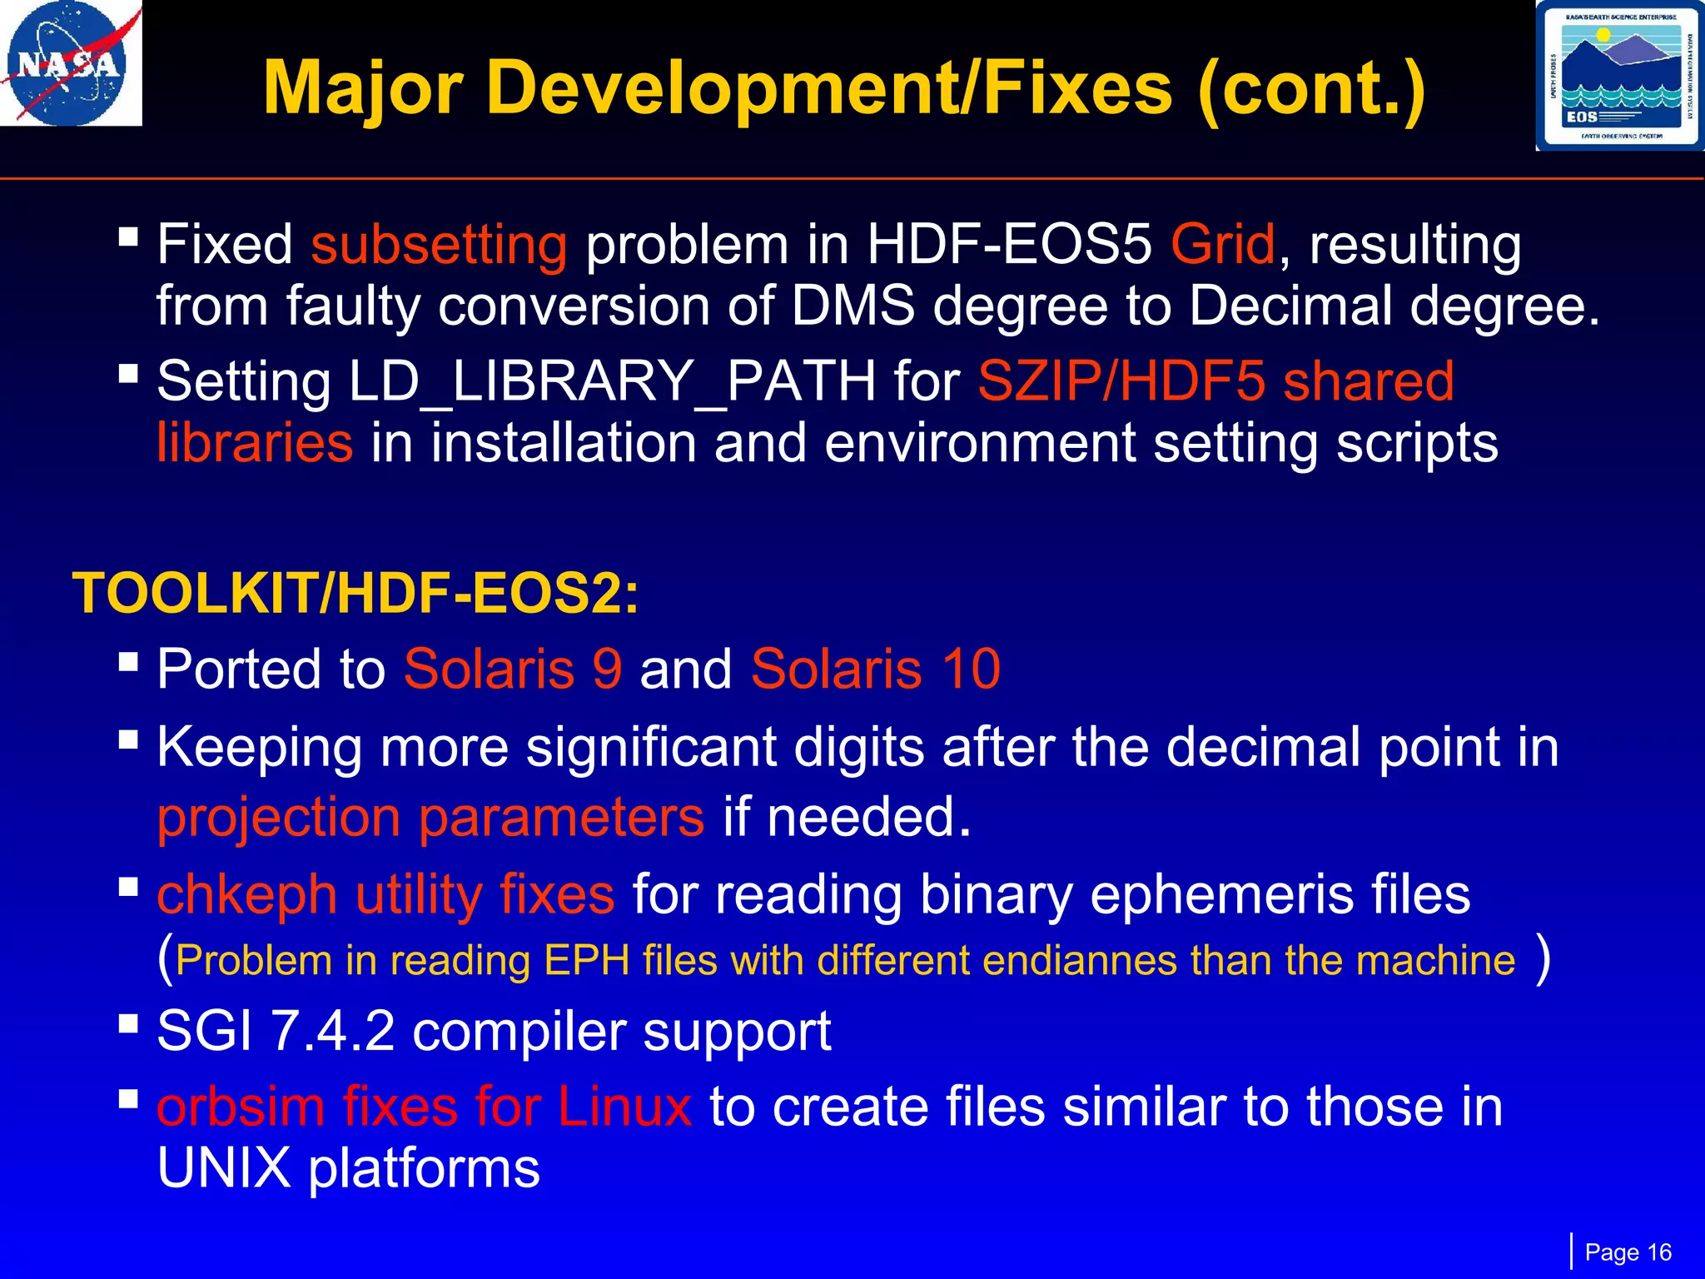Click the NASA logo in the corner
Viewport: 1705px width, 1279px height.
pos(70,63)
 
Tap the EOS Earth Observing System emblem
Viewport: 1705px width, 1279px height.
pos(1619,76)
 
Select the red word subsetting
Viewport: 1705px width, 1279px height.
pos(439,245)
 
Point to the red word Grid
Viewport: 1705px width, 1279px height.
pos(1222,245)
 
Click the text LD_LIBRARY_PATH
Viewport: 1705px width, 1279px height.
pos(612,381)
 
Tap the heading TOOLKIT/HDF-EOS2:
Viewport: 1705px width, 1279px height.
pos(356,594)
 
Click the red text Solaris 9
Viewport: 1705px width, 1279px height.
pos(513,669)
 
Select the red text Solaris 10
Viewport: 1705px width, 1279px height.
pos(875,669)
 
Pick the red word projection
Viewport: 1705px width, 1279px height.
pos(280,819)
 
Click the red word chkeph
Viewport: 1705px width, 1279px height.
pos(246,895)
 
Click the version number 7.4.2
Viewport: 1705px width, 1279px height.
pos(333,1032)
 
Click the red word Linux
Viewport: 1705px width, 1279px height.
pos(624,1107)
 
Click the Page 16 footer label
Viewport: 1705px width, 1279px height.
pos(1628,1252)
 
